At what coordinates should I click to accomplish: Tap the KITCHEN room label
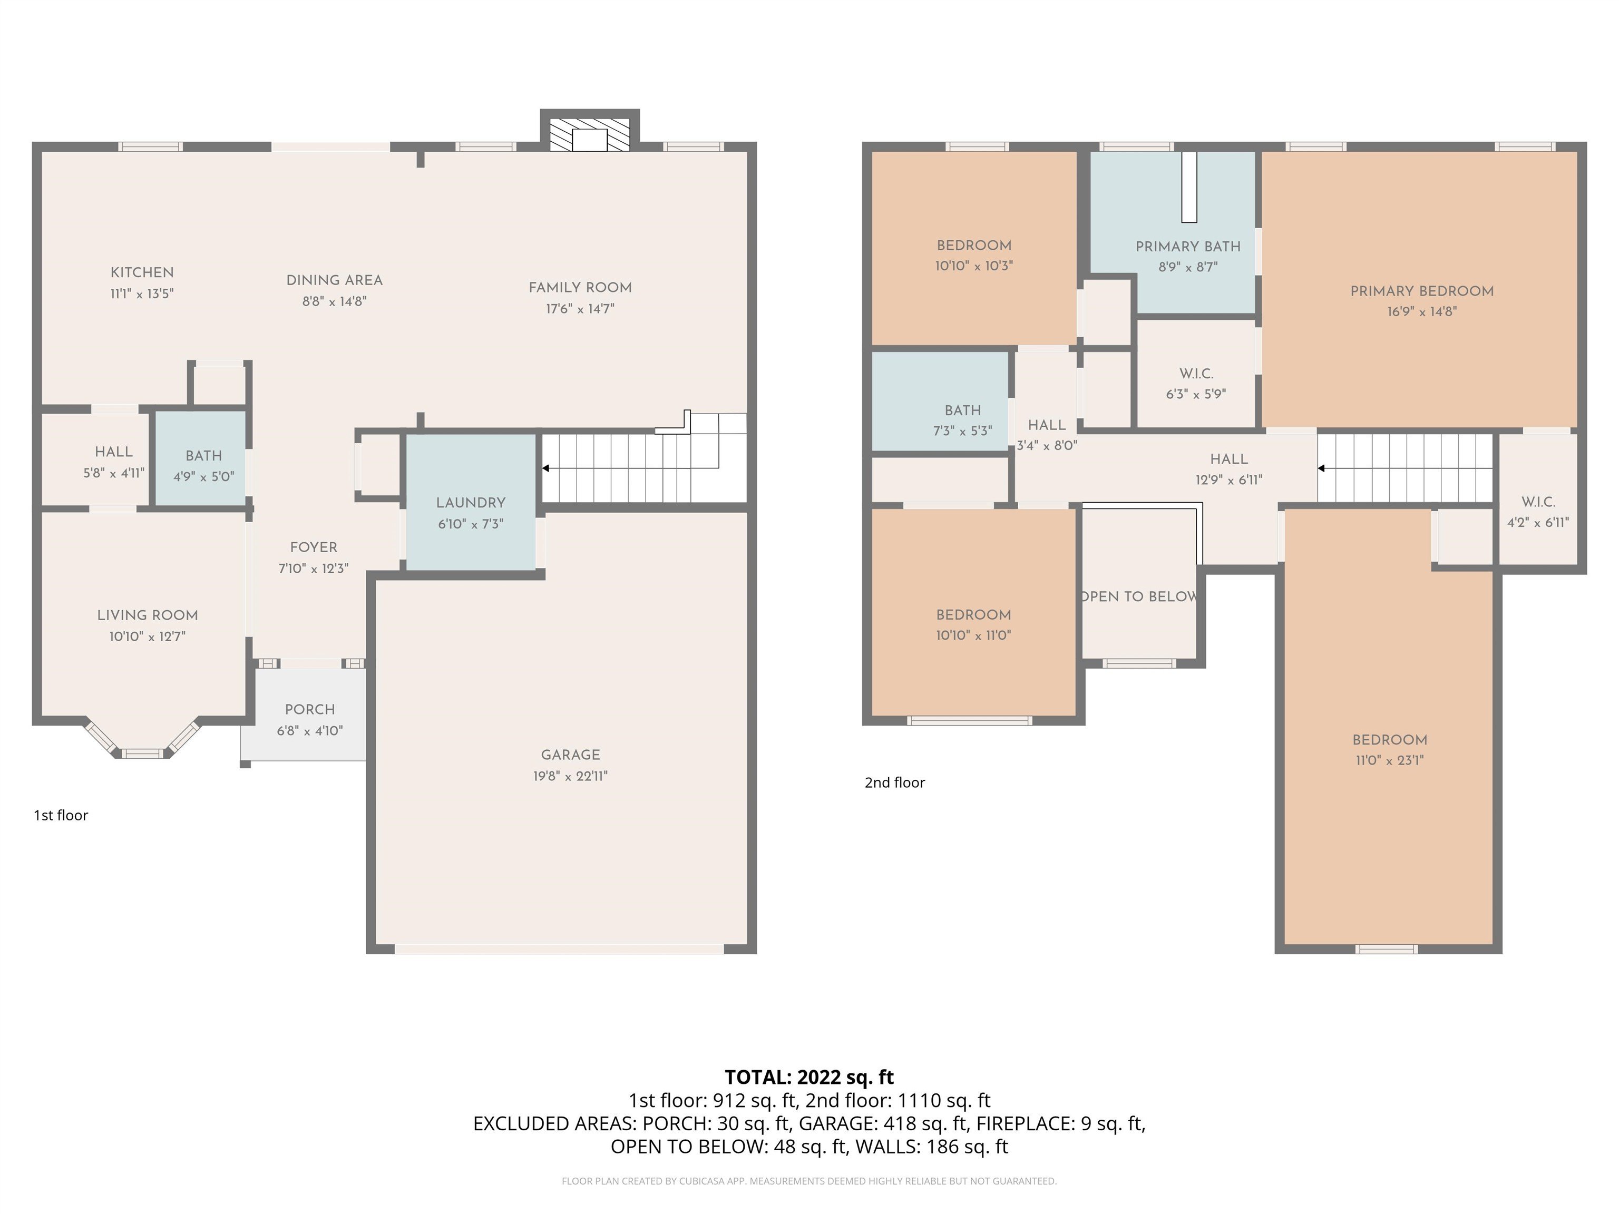click(x=142, y=272)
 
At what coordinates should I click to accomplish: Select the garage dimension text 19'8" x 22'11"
click(x=570, y=776)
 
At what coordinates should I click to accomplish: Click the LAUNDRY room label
click(x=471, y=503)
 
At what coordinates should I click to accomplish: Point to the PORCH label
click(x=309, y=709)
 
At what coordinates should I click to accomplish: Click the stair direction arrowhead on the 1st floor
click(x=546, y=468)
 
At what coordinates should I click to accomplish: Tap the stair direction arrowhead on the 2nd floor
click(x=1321, y=468)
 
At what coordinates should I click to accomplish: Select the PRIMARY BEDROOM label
click(x=1421, y=290)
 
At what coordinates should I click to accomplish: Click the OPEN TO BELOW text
click(x=1139, y=596)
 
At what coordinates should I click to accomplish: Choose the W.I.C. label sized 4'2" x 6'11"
click(x=1538, y=502)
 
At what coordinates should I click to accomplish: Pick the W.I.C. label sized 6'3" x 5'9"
click(x=1196, y=373)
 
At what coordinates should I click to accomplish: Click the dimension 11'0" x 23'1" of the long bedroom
click(x=1389, y=760)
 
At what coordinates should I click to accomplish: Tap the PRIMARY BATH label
click(x=1187, y=247)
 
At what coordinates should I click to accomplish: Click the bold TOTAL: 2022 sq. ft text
click(x=809, y=1077)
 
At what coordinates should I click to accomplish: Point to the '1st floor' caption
click(x=61, y=815)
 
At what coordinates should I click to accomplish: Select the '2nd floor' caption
click(x=894, y=782)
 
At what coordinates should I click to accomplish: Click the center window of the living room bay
click(x=143, y=753)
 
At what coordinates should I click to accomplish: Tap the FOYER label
click(x=313, y=547)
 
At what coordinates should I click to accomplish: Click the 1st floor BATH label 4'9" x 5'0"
click(x=203, y=456)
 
